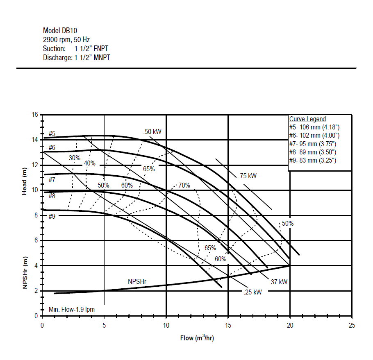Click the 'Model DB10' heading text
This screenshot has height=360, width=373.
(60, 31)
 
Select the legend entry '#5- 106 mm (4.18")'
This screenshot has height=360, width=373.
(314, 127)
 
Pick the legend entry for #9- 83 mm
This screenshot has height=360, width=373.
(313, 161)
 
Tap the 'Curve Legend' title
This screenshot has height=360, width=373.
(307, 119)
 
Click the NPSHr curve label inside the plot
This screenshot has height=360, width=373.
(137, 282)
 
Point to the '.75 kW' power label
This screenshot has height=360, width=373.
(248, 176)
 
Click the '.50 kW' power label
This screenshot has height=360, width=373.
(152, 131)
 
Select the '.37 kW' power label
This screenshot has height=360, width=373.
(278, 282)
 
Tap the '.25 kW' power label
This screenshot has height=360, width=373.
(252, 292)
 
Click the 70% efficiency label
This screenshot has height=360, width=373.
(184, 186)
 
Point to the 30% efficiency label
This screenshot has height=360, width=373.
(75, 158)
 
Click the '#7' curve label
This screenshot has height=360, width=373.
(52, 180)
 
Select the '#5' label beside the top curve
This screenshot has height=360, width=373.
(52, 134)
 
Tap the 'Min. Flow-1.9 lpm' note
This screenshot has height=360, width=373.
(72, 309)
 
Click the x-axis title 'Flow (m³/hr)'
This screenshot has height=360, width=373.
(197, 338)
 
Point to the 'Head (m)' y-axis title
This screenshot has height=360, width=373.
(24, 181)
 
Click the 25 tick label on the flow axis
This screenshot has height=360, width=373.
(352, 325)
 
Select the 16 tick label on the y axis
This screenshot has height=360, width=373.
(35, 115)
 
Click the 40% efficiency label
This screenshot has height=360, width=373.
(89, 163)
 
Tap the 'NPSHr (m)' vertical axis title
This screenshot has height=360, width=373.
(25, 273)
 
